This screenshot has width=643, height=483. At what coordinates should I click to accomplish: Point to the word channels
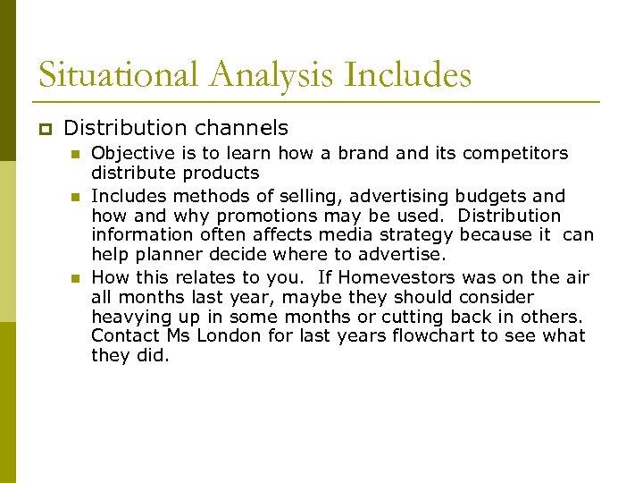(244, 128)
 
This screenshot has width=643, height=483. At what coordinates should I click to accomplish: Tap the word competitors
(518, 153)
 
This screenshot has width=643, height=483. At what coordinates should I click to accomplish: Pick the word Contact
(126, 335)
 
